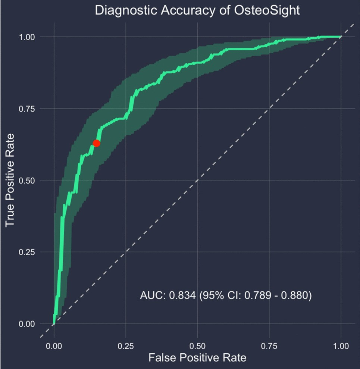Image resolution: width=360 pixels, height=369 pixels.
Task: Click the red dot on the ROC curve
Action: pos(96,143)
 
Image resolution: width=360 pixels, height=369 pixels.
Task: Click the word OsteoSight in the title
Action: pos(267,10)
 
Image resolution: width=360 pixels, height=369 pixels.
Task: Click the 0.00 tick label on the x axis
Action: pos(54,345)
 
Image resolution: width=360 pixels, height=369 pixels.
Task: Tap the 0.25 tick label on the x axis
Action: pos(126,345)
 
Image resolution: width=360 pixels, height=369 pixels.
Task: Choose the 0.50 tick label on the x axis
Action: pos(197,345)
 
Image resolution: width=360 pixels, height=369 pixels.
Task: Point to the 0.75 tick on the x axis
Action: pos(269,345)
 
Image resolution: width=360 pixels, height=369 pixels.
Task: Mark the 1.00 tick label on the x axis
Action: pos(341,345)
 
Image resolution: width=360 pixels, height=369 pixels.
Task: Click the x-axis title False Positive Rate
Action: pos(197,358)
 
